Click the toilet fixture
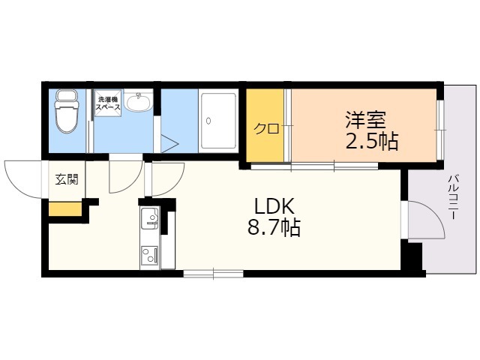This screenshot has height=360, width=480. point(65,112)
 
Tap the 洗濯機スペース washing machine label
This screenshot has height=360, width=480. point(108,103)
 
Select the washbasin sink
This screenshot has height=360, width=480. point(138,102)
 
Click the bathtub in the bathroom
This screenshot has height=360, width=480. point(218,120)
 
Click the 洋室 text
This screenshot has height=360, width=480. point(366,120)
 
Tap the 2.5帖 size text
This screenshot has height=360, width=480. point(372,142)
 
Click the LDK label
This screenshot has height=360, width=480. point(274,206)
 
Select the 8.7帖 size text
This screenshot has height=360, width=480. point(274,228)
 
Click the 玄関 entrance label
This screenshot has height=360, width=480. point(67,179)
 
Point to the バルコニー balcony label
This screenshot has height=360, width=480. point(453,196)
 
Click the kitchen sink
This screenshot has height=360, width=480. point(150,218)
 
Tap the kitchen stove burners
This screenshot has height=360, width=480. point(150,254)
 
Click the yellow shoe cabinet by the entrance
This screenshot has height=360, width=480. point(65,208)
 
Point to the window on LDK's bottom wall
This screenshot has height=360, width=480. point(213,274)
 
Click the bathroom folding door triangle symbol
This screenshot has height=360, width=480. point(169,143)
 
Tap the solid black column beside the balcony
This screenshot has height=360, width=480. point(412,256)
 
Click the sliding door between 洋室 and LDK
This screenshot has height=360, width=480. point(314,166)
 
